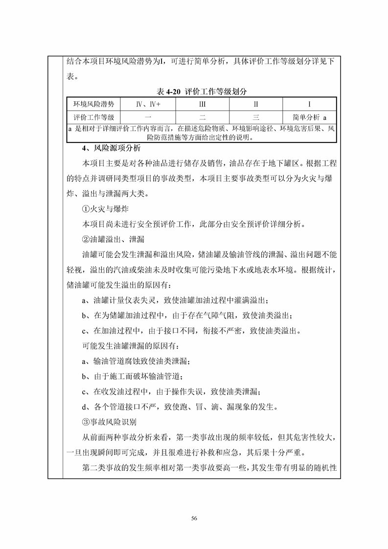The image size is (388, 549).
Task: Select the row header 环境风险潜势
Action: tap(93, 104)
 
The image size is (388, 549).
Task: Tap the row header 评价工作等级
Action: tap(93, 117)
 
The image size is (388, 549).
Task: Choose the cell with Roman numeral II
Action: tap(256, 104)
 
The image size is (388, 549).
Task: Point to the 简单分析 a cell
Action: tap(310, 117)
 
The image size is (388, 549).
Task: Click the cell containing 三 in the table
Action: tap(256, 117)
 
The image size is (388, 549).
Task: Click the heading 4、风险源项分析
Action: tap(111, 148)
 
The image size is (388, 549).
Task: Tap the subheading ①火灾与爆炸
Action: tap(104, 209)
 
